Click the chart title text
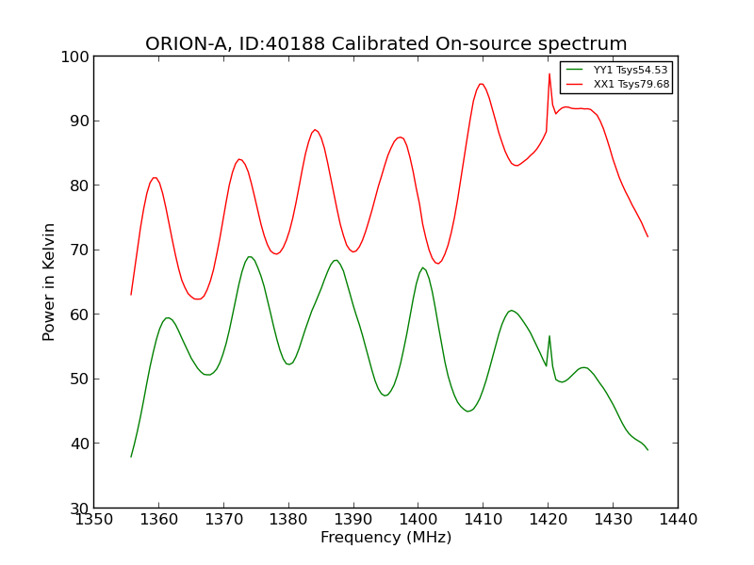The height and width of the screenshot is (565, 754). [385, 44]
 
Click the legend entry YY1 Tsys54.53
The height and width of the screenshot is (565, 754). [630, 71]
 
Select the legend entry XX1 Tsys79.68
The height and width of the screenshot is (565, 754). [631, 85]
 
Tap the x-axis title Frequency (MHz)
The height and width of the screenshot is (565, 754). [385, 538]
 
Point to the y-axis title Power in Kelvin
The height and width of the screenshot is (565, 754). [50, 282]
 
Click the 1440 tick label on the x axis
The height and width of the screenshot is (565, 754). [678, 519]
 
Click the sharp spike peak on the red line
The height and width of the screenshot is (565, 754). [549, 73]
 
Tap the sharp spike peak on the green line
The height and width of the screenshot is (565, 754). [549, 336]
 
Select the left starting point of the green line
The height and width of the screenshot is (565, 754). [131, 457]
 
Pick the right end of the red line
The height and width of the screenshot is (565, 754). [647, 236]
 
